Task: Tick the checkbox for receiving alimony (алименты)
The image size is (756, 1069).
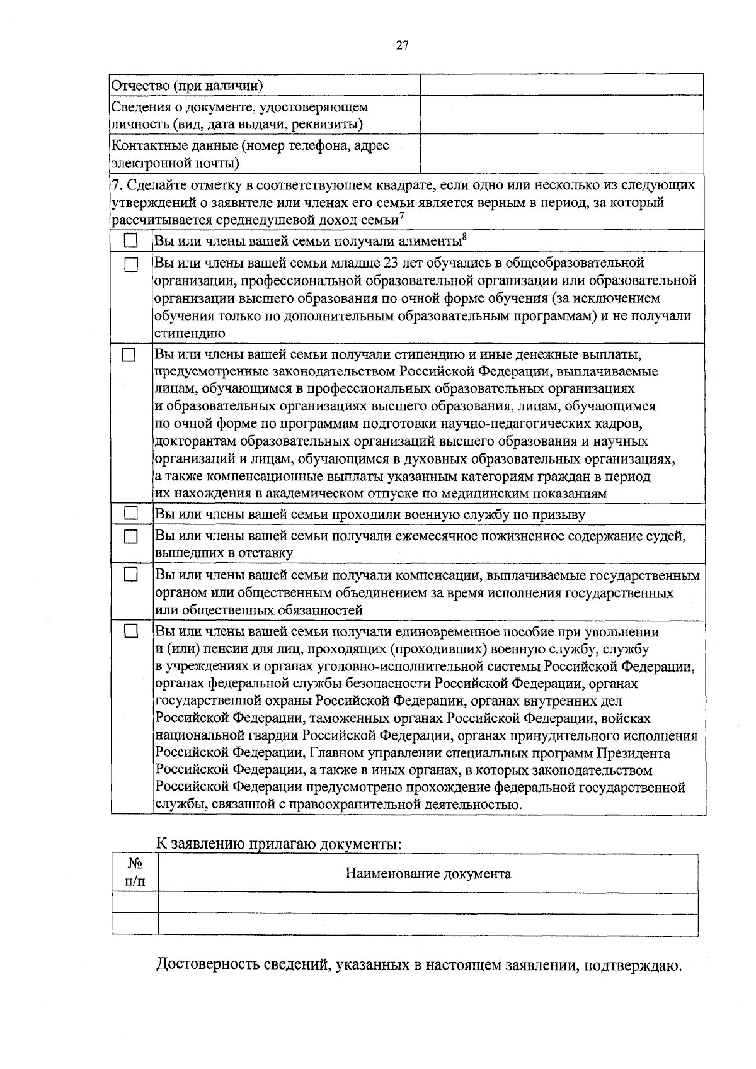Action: coord(130,241)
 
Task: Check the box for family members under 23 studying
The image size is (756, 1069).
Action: coord(130,264)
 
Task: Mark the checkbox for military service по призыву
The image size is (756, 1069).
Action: coord(130,514)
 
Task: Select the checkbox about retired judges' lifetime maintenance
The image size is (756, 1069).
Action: coord(130,537)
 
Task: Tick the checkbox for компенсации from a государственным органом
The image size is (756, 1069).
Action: coord(130,575)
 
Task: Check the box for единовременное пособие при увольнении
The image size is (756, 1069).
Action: coord(130,631)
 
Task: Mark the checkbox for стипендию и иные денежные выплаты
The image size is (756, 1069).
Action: coord(129,354)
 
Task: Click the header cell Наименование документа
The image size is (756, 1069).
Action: coord(428,874)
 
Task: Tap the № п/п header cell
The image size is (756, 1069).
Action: coord(134,873)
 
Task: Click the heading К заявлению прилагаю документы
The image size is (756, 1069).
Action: coord(278,843)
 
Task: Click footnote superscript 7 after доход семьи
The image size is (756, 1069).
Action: coord(401,217)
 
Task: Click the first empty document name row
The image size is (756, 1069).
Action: coord(428,903)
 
